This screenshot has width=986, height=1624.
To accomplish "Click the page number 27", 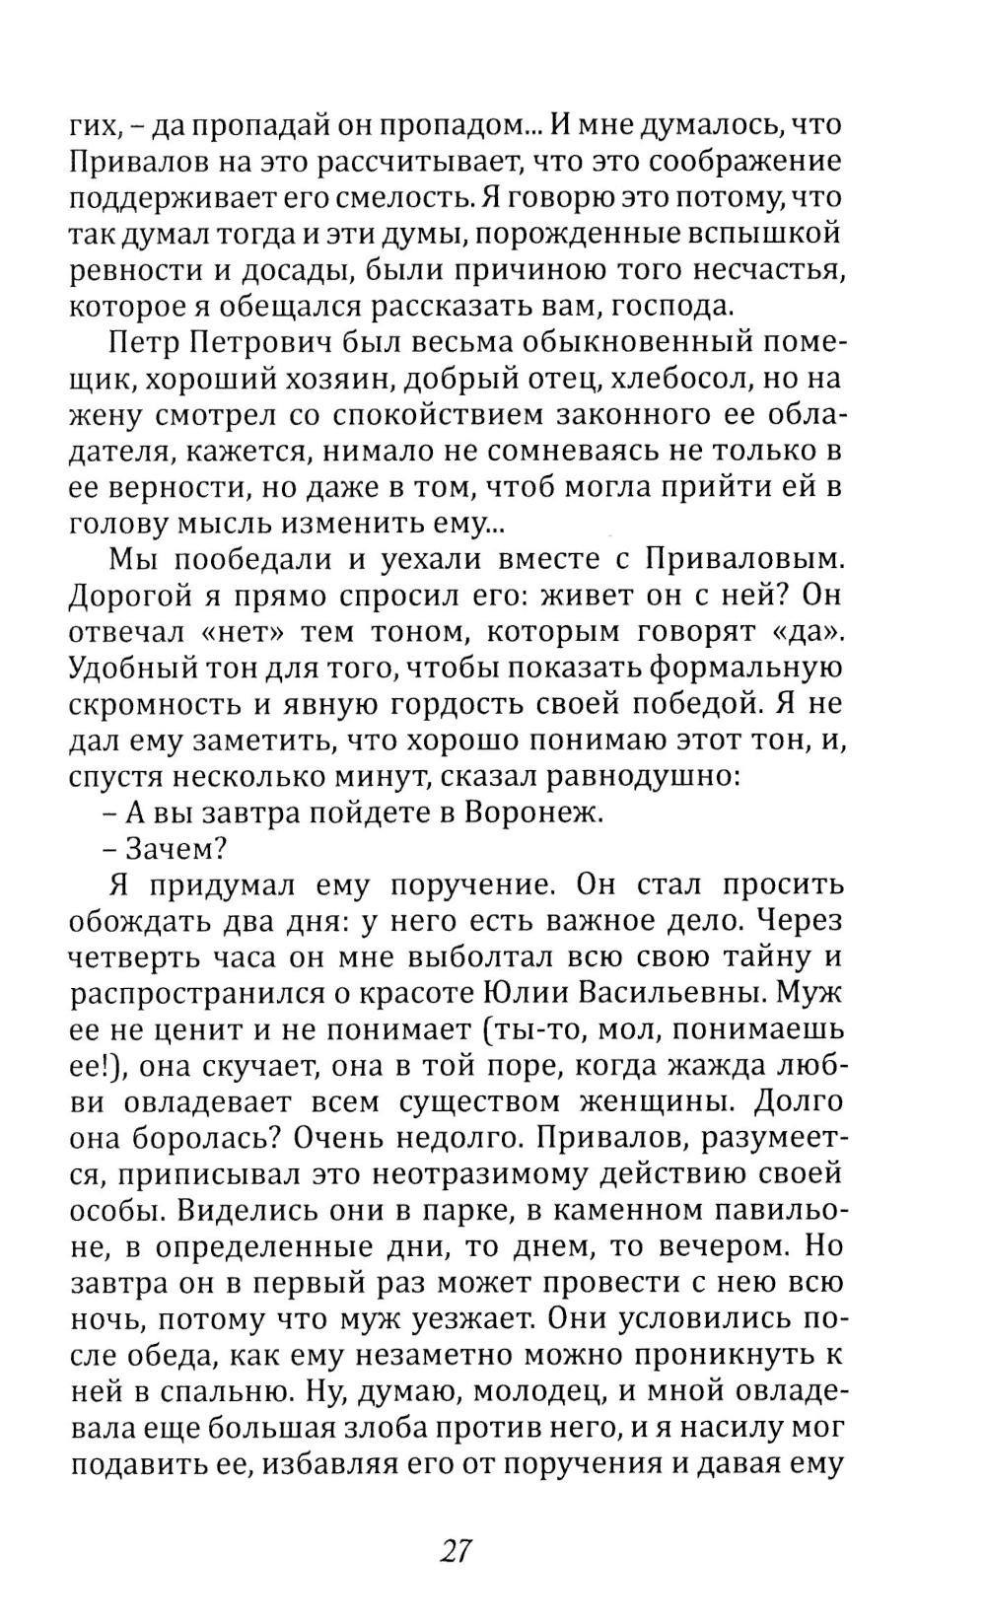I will click(x=457, y=1550).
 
